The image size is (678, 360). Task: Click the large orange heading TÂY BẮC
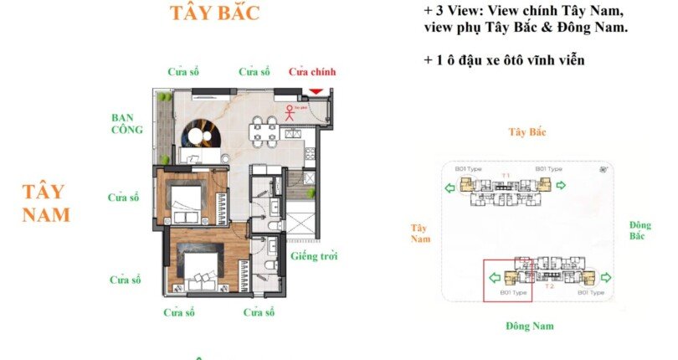tap(214, 13)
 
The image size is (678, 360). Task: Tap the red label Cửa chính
tap(311, 72)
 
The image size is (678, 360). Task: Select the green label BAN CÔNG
tap(127, 124)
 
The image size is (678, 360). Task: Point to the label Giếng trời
tap(314, 256)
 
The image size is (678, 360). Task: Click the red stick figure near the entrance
tap(290, 112)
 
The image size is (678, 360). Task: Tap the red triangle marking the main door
tap(316, 91)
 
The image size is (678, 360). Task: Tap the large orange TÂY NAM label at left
tap(46, 203)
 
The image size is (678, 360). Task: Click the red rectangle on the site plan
tap(507, 279)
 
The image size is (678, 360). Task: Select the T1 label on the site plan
tap(506, 175)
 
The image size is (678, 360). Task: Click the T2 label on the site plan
tap(549, 286)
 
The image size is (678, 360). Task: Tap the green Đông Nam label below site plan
tap(530, 326)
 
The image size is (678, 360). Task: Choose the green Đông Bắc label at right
tap(640, 231)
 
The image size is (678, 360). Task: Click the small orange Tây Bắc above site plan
tap(528, 132)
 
